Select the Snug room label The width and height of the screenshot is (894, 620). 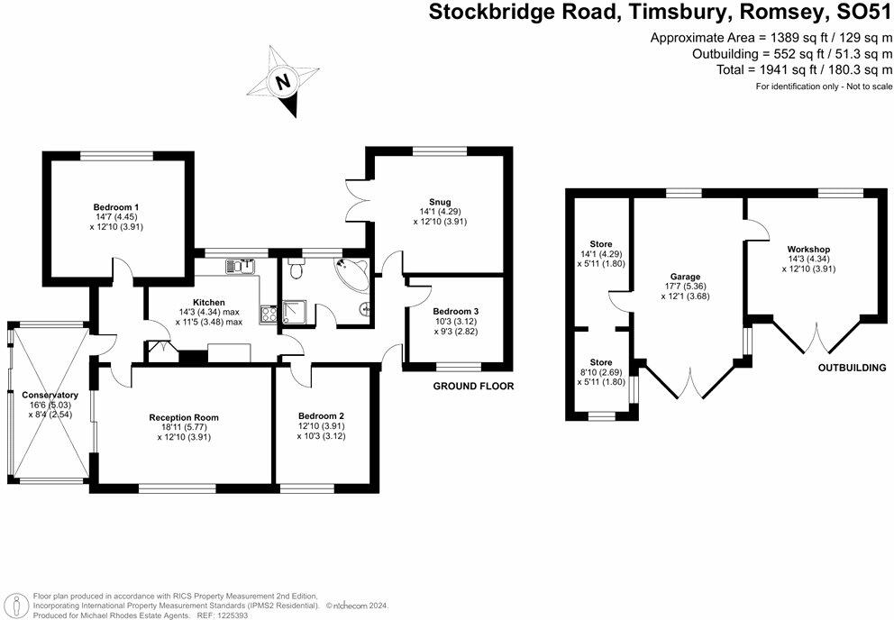click(x=440, y=202)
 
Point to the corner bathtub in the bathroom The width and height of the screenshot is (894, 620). click(x=351, y=273)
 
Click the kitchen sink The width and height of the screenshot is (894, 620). click(x=241, y=265)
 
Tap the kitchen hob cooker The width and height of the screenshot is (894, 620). click(x=268, y=315)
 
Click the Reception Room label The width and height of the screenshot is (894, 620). click(x=183, y=417)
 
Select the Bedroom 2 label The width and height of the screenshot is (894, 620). click(x=321, y=415)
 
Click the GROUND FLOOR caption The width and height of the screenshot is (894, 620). click(x=473, y=386)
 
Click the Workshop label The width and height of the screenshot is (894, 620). click(x=807, y=249)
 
